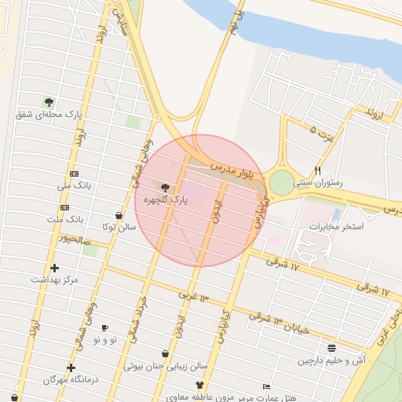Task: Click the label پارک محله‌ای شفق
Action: point(49,115)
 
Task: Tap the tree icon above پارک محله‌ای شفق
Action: point(49,102)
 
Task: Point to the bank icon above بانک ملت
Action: point(64,207)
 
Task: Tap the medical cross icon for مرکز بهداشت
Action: point(54,268)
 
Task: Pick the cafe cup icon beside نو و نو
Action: point(105,328)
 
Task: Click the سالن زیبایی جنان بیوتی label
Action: point(166,366)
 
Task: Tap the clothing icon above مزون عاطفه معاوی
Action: point(199,386)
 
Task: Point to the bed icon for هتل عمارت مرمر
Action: point(267,387)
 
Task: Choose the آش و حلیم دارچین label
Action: point(332,360)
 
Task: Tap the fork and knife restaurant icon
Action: point(318,170)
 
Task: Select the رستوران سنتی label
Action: point(318,182)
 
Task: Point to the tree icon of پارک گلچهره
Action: point(165,188)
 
